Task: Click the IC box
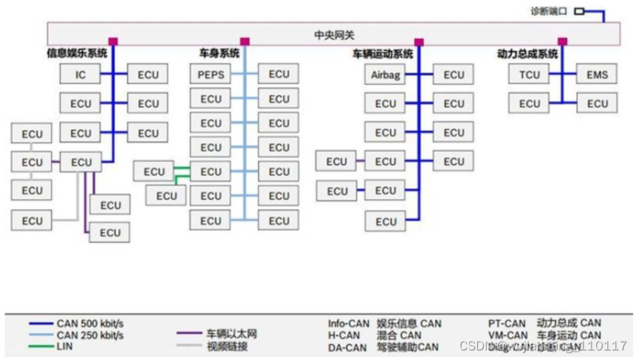click(81, 74)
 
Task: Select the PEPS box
click(211, 74)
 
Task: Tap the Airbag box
click(385, 75)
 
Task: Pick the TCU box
click(529, 75)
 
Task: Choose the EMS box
click(597, 75)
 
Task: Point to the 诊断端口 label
click(549, 12)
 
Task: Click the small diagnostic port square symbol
click(579, 12)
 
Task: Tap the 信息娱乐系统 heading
click(77, 53)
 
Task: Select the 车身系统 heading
click(219, 53)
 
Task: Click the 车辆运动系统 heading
click(382, 54)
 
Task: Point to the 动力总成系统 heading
click(527, 53)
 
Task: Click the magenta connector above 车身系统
click(245, 41)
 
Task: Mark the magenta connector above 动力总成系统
click(562, 41)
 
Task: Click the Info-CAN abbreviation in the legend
click(347, 323)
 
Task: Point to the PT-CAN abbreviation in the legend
click(507, 323)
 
